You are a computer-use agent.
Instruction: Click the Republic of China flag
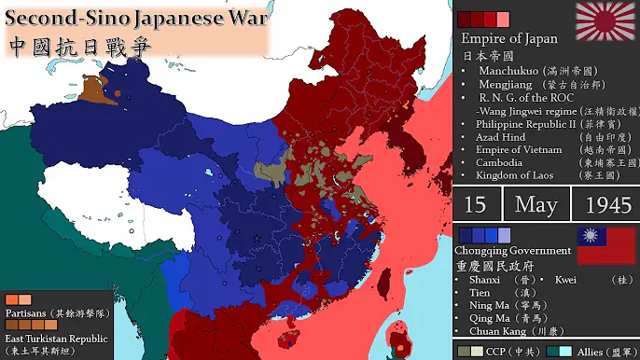pyautogui.click(x=605, y=247)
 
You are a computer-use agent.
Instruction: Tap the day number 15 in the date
pyautogui.click(x=475, y=205)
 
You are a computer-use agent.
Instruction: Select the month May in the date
pyautogui.click(x=537, y=205)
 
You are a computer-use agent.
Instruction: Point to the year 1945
pyautogui.click(x=605, y=205)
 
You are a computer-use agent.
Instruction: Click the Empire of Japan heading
pyautogui.click(x=509, y=38)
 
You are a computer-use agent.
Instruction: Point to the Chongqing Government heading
pyautogui.click(x=512, y=251)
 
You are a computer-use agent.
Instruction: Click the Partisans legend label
pyautogui.click(x=28, y=312)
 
